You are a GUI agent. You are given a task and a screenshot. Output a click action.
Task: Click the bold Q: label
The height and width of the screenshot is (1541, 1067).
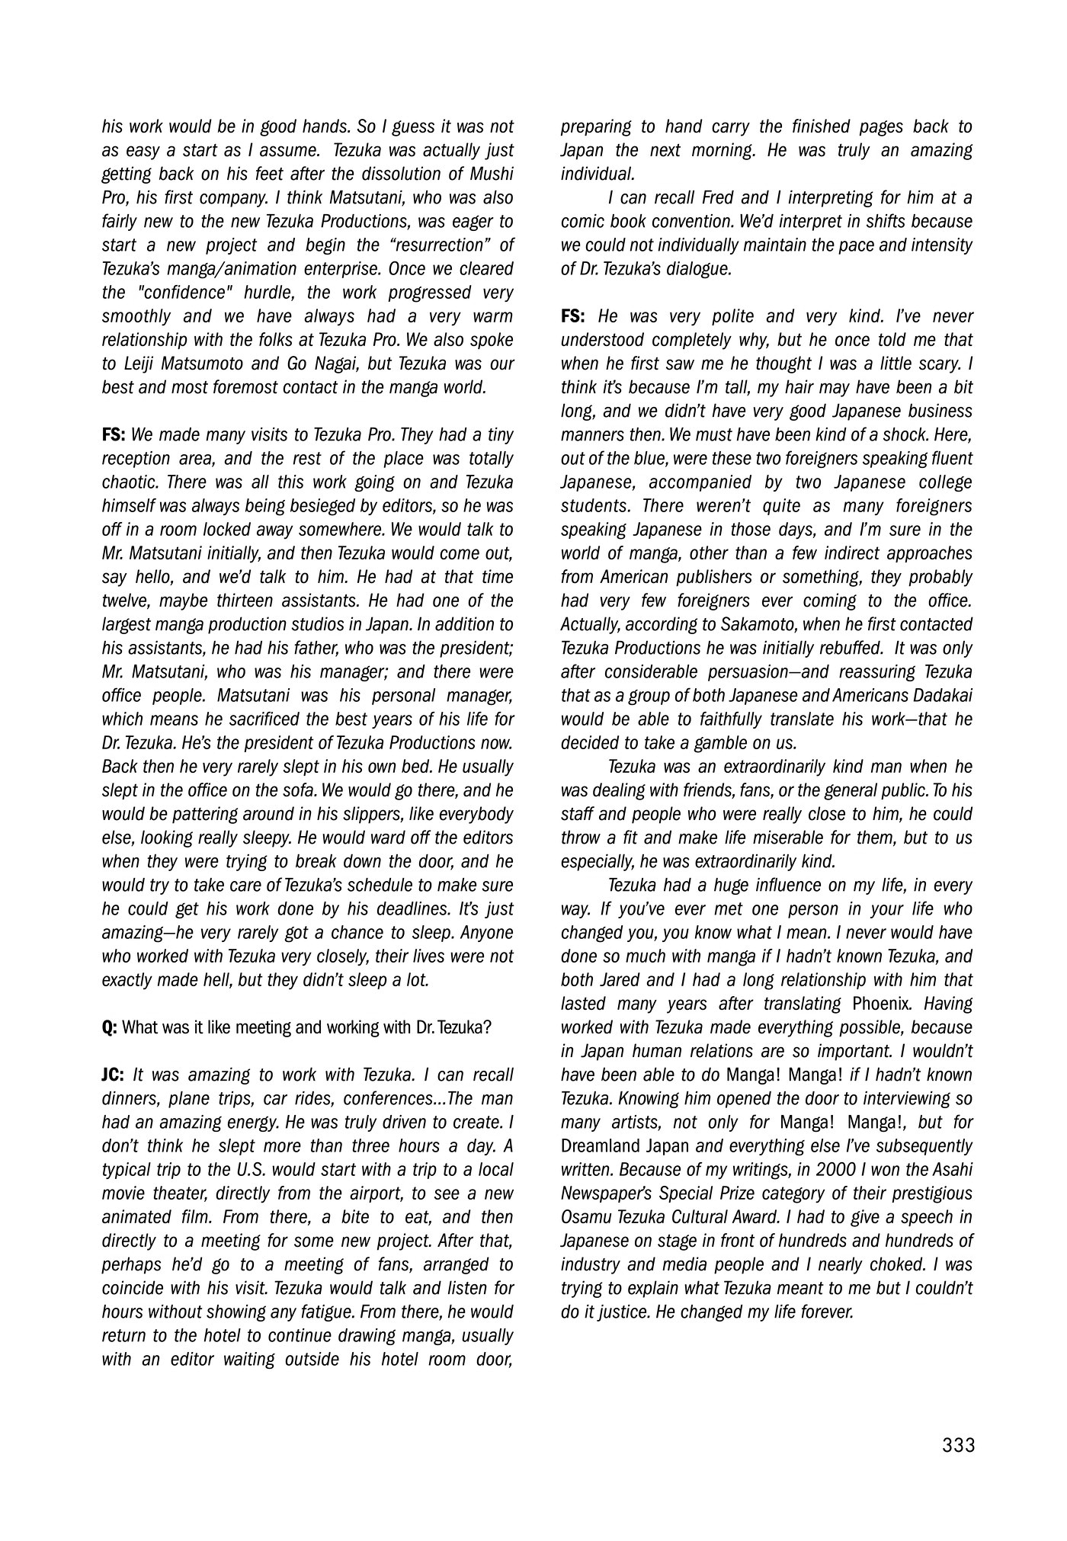click(110, 1027)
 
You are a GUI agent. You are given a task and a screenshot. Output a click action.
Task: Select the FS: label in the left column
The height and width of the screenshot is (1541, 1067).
click(114, 435)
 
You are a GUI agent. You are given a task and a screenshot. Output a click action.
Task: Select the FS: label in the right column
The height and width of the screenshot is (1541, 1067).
click(573, 316)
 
